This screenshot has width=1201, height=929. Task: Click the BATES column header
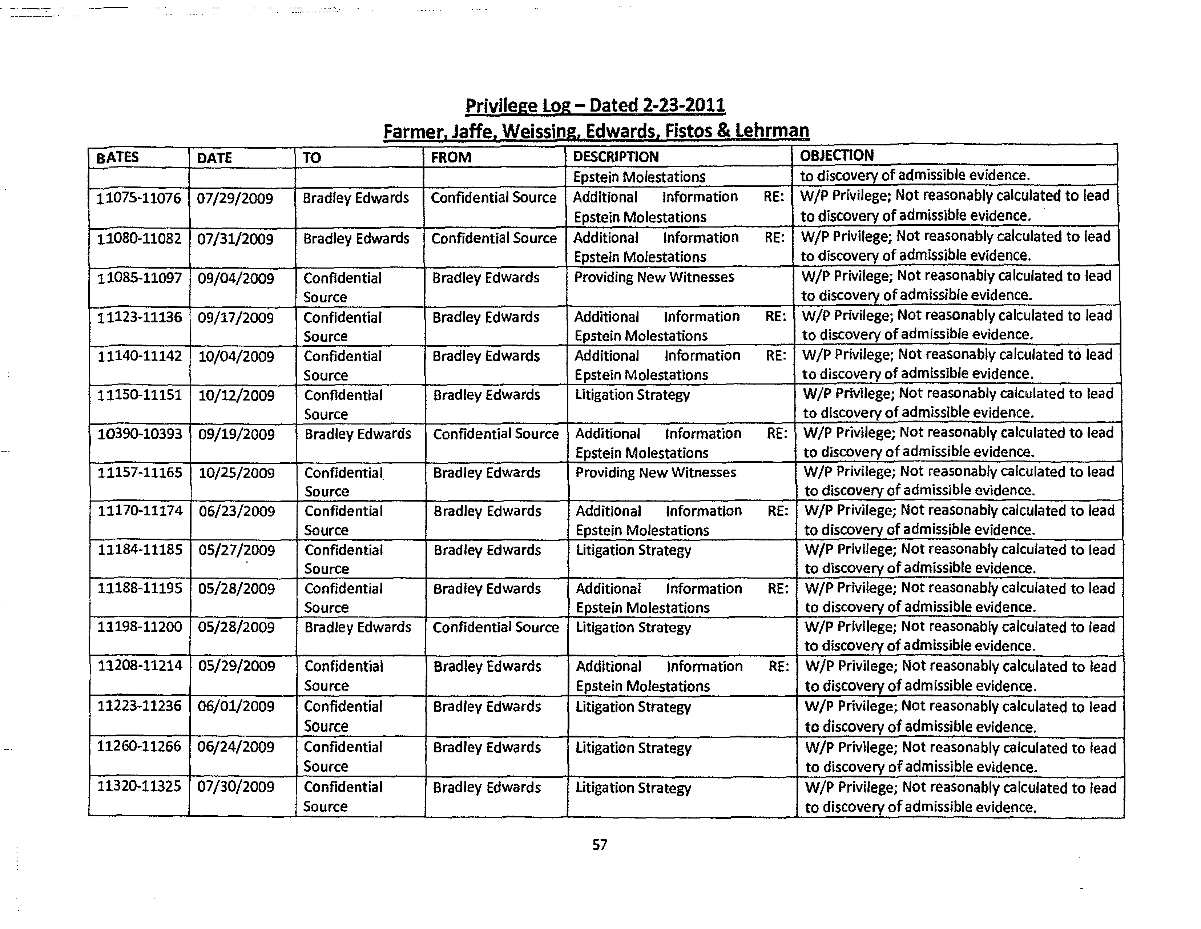(x=117, y=157)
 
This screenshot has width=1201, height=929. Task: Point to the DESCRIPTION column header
(x=616, y=156)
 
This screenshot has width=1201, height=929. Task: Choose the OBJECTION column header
(x=837, y=155)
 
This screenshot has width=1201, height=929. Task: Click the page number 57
(x=599, y=844)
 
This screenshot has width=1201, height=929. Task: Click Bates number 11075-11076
(x=138, y=198)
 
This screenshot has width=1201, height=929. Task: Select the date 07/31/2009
(x=235, y=239)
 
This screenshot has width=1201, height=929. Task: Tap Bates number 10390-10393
(x=140, y=434)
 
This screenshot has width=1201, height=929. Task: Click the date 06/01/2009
(x=236, y=706)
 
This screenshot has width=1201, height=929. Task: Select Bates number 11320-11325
(x=139, y=786)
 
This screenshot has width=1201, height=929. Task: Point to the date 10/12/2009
(x=237, y=395)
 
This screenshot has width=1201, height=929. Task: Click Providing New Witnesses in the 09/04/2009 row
(x=654, y=277)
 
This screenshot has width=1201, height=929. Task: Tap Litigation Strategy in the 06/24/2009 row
(x=633, y=748)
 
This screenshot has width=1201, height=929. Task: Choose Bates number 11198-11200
(x=140, y=627)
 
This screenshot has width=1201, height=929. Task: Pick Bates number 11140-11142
(x=140, y=357)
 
